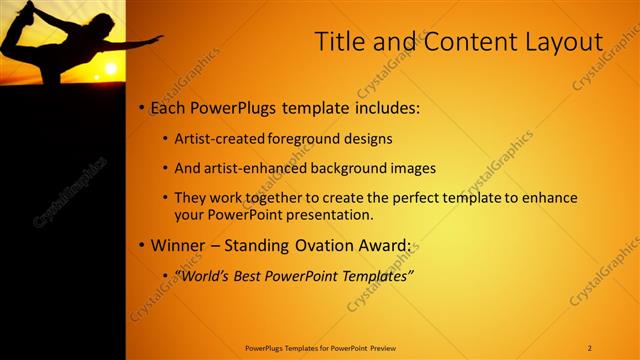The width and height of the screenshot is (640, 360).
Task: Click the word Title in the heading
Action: pos(339,42)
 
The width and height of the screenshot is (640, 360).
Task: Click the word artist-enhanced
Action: pos(254,168)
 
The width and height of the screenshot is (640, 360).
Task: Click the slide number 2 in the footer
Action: pos(590,348)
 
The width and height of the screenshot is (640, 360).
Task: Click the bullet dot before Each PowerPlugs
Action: pos(142,107)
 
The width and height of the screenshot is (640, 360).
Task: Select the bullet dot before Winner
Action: pos(142,245)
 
